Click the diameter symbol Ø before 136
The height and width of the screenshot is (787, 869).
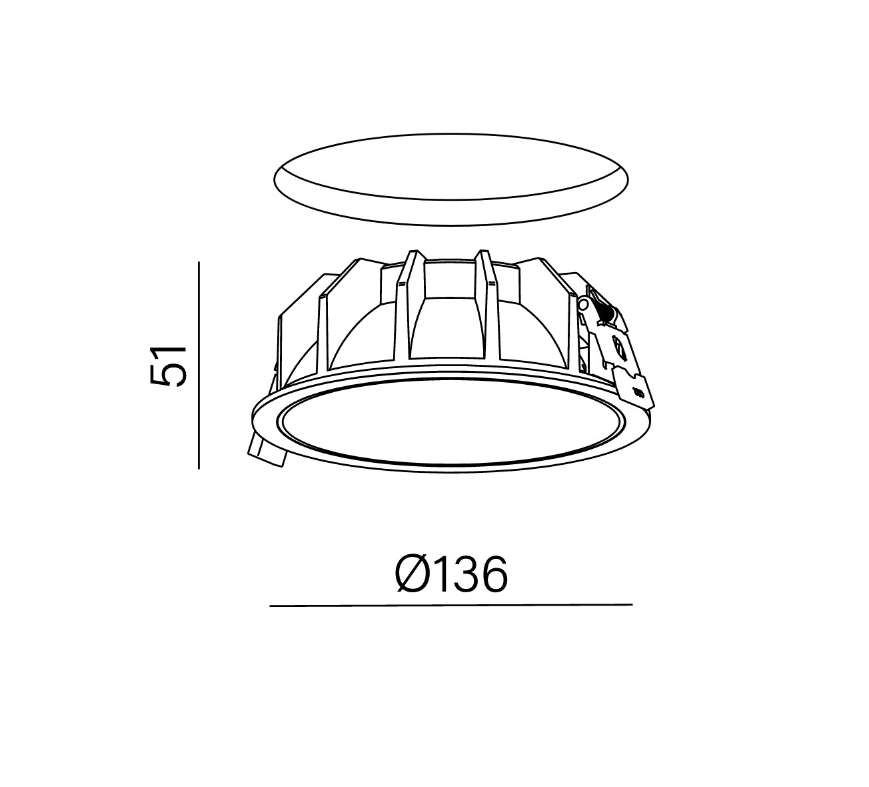click(x=415, y=574)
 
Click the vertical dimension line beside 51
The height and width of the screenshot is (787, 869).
click(x=199, y=365)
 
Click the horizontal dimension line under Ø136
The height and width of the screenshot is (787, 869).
click(x=451, y=605)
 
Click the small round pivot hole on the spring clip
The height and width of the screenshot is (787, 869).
click(x=583, y=304)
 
